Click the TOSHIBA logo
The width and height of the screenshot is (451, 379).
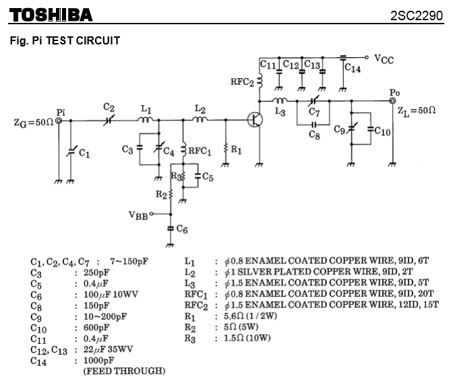[x=51, y=14]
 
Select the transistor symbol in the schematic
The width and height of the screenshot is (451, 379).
[x=255, y=120]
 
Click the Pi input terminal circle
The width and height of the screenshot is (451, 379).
[x=60, y=120]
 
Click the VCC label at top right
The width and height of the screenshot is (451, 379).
[x=384, y=59]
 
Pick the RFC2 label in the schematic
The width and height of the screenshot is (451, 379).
[x=242, y=81]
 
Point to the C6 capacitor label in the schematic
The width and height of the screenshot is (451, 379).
[x=181, y=230]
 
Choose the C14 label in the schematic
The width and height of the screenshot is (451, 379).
[x=352, y=68]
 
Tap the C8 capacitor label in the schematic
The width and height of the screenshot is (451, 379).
[x=314, y=135]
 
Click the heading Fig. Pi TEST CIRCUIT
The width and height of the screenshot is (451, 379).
[x=65, y=41]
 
